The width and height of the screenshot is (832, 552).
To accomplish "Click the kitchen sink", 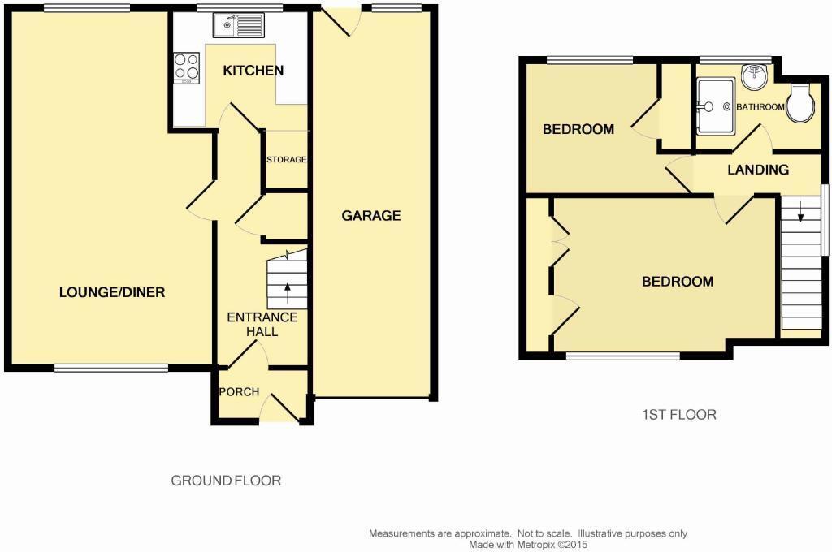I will tap(237, 27).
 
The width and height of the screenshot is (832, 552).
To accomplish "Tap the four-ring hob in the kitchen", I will tap(187, 67).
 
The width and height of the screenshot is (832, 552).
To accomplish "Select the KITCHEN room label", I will tap(253, 71).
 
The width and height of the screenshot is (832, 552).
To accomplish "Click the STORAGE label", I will tap(287, 160).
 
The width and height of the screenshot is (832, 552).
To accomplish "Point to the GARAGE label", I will tap(370, 216).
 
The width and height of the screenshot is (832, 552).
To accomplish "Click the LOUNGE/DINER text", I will tap(111, 292).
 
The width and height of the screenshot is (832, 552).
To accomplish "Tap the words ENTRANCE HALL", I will tap(262, 324).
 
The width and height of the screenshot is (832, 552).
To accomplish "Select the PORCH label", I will tap(239, 392).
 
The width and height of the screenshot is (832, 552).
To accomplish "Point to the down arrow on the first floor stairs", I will tap(801, 215).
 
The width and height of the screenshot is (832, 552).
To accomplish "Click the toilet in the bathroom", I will tap(800, 103).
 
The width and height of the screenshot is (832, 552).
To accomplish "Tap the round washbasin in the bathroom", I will tap(753, 80).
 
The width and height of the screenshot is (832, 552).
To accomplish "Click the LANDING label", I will tap(757, 170).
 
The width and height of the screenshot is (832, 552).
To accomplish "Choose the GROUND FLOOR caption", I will tap(226, 481).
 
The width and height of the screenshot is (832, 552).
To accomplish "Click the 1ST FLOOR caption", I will tap(678, 415).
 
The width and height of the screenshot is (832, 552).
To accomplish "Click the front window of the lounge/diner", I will tap(111, 368).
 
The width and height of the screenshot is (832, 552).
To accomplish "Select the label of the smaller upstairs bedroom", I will tap(578, 129).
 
